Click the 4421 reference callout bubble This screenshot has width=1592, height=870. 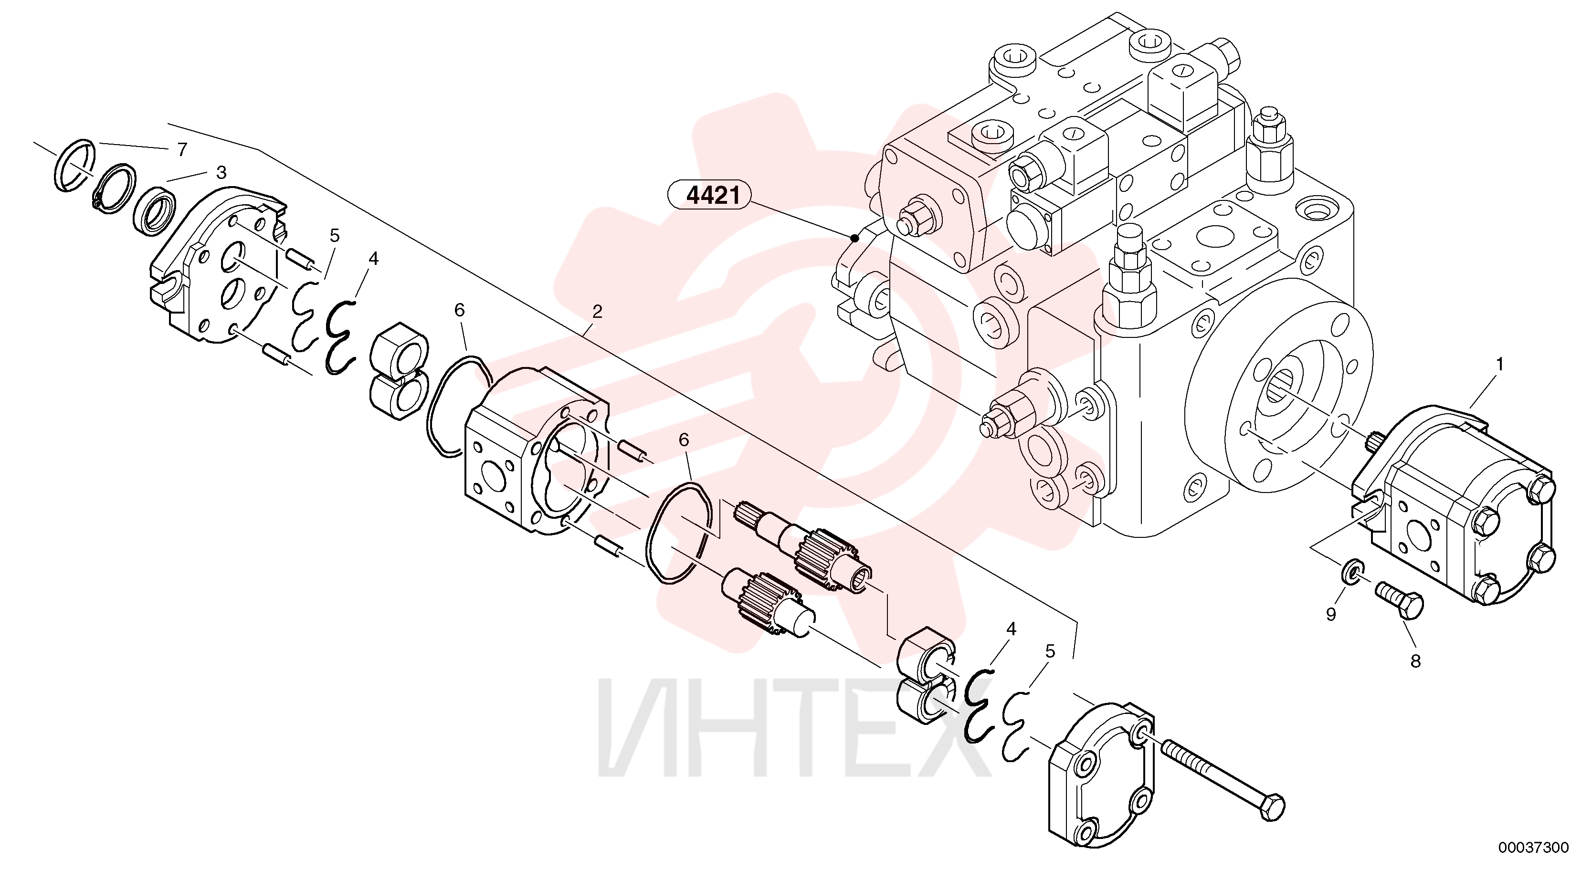point(709,196)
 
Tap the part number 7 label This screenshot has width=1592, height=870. point(181,149)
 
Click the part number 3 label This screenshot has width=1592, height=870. point(221,172)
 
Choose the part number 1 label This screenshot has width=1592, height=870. point(1499,365)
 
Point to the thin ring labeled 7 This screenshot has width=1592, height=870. point(74,166)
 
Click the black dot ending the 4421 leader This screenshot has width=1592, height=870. point(854,237)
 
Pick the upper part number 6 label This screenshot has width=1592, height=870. point(460,310)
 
